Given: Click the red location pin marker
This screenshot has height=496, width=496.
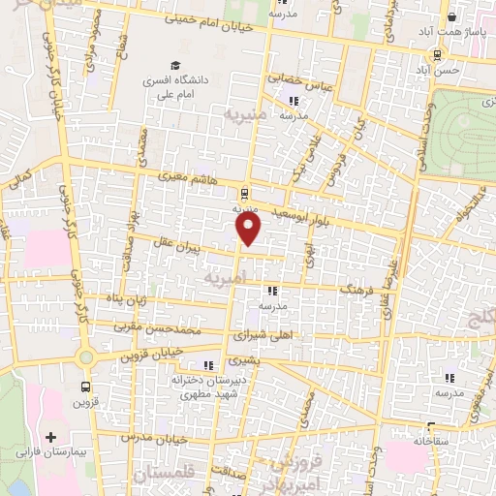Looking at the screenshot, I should coord(249,229).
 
